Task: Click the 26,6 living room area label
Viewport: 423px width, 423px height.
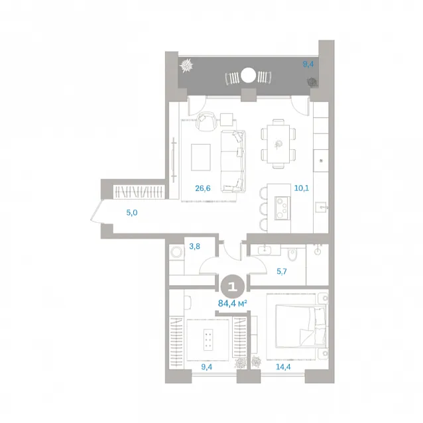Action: coord(203,188)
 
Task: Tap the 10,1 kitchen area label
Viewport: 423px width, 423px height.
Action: coord(301,188)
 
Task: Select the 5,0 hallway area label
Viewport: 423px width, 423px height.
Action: coord(132,213)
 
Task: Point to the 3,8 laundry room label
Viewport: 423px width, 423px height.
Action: coord(194,246)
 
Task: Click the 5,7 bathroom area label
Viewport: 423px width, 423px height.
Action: coord(282,271)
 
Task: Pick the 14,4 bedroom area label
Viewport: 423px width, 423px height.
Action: coord(283,367)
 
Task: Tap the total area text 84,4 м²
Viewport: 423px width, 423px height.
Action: coord(233,304)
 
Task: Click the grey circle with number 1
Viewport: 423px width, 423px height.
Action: coord(233,287)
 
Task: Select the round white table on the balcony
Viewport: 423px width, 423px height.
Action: coord(248,76)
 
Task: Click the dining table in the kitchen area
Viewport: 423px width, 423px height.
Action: coord(278,144)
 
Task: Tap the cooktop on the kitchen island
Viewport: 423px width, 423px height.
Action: coord(282,208)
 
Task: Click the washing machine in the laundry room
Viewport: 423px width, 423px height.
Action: coord(176,253)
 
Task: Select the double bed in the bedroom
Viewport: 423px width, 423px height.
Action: coord(300,326)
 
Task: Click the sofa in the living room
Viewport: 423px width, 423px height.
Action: coord(233,161)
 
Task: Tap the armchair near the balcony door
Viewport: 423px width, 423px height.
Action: coord(206,121)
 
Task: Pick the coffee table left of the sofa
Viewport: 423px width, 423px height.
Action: coord(201,157)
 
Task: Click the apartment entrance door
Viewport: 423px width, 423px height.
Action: coord(96,211)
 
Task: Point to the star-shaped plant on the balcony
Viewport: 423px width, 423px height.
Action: coord(186,66)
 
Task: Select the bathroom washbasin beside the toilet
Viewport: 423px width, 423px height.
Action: coord(265,250)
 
